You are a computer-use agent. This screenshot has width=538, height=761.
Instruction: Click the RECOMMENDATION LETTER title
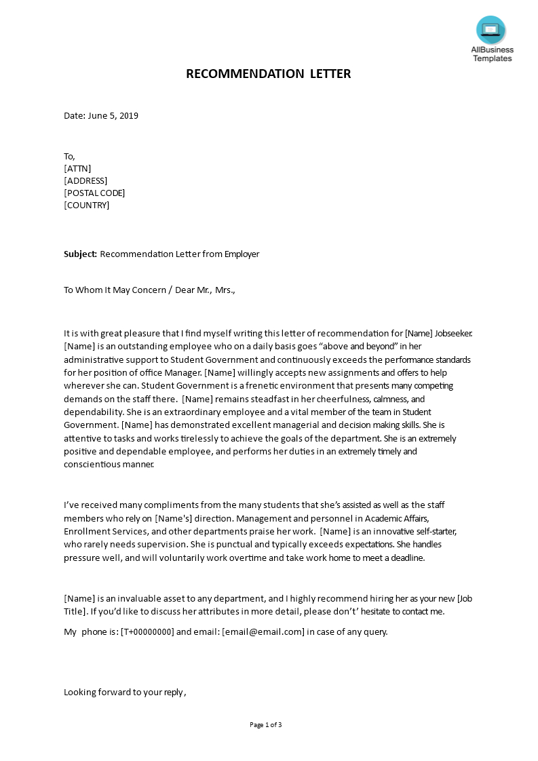coord(269,74)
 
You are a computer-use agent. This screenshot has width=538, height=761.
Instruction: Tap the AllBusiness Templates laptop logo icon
coord(491,30)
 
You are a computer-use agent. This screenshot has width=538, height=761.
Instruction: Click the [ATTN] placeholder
coord(77,168)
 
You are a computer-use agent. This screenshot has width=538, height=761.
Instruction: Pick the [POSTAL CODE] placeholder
coord(94,193)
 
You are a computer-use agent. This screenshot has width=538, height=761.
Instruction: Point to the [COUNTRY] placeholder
coord(86,205)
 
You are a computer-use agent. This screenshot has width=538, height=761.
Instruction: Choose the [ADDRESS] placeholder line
coord(85,180)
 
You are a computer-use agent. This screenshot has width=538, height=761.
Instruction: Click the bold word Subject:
coord(81,254)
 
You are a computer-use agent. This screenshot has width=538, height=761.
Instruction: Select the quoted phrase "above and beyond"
coord(359,347)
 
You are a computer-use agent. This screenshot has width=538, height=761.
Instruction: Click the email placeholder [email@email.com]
coord(263,631)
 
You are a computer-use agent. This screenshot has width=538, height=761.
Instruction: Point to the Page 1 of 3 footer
coord(266,724)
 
